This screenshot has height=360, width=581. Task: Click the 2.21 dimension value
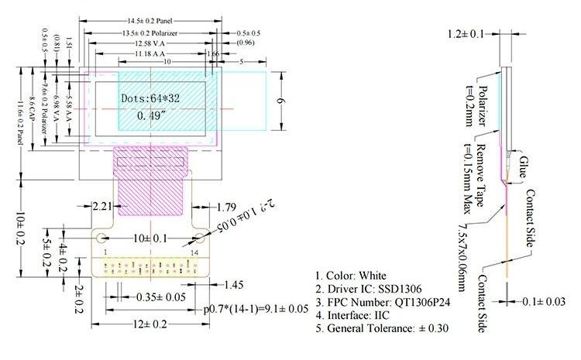(x=104, y=207)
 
